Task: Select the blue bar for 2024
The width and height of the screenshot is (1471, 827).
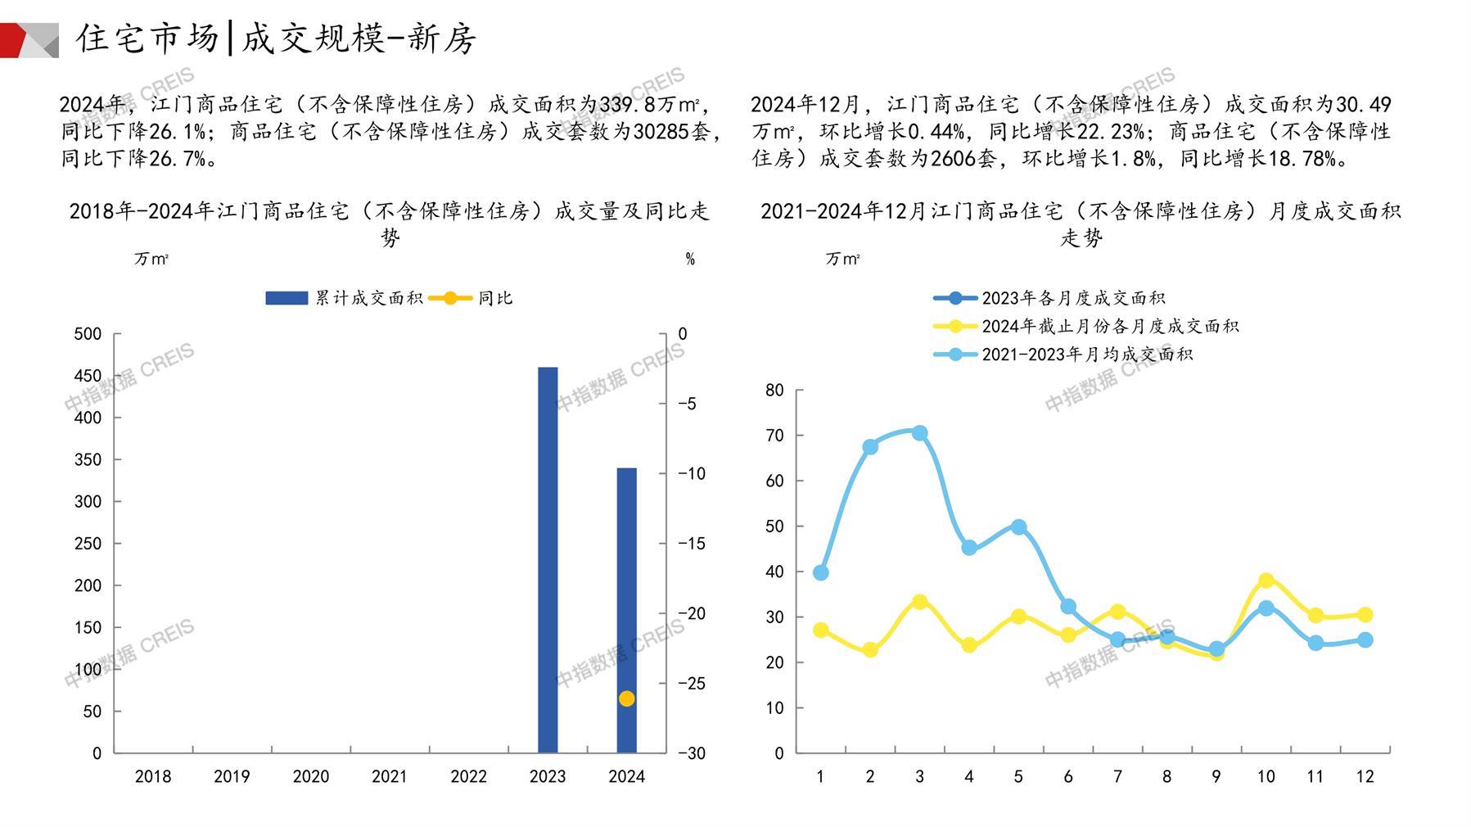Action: pos(626,610)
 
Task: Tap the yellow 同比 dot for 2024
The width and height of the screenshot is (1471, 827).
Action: pos(626,698)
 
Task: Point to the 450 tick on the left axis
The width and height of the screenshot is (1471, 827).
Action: pos(88,376)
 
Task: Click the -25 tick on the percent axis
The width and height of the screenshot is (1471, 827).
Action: pos(692,683)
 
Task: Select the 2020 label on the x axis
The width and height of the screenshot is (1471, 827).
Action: pos(310,776)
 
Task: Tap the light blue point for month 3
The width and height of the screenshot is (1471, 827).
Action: pos(919,433)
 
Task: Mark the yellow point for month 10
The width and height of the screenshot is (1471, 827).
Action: pos(1266,581)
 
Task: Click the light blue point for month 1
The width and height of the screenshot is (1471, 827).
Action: pos(820,572)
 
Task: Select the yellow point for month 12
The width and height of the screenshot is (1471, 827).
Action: pos(1365,615)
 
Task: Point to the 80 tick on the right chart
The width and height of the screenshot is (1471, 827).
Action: pos(774,391)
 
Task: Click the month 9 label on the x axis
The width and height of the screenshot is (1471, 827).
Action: pos(1216,776)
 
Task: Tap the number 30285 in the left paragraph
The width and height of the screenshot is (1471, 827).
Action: pos(661,131)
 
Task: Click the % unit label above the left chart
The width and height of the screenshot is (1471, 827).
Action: pos(690,260)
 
